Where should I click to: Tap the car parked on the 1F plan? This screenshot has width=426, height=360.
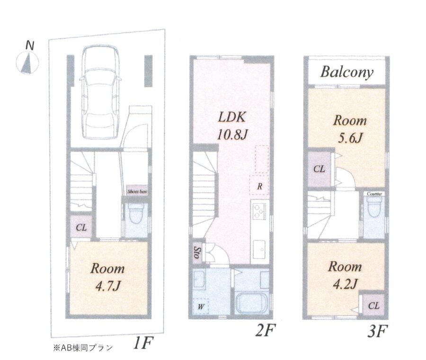(x=100, y=92)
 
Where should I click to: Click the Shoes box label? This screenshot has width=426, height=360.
(x=137, y=191)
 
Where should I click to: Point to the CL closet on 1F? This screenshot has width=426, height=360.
(x=81, y=227)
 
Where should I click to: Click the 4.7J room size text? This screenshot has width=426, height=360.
(x=108, y=286)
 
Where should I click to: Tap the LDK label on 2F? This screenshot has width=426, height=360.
(x=232, y=117)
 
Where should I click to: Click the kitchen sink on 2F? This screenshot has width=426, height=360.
(x=260, y=249)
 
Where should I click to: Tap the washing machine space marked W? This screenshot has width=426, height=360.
(x=201, y=306)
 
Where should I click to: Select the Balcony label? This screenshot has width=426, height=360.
(x=346, y=72)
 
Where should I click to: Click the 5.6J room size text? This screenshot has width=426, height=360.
(x=350, y=138)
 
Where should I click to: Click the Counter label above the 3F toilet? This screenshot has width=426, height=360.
(x=374, y=194)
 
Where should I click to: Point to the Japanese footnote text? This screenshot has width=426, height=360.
(x=82, y=348)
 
